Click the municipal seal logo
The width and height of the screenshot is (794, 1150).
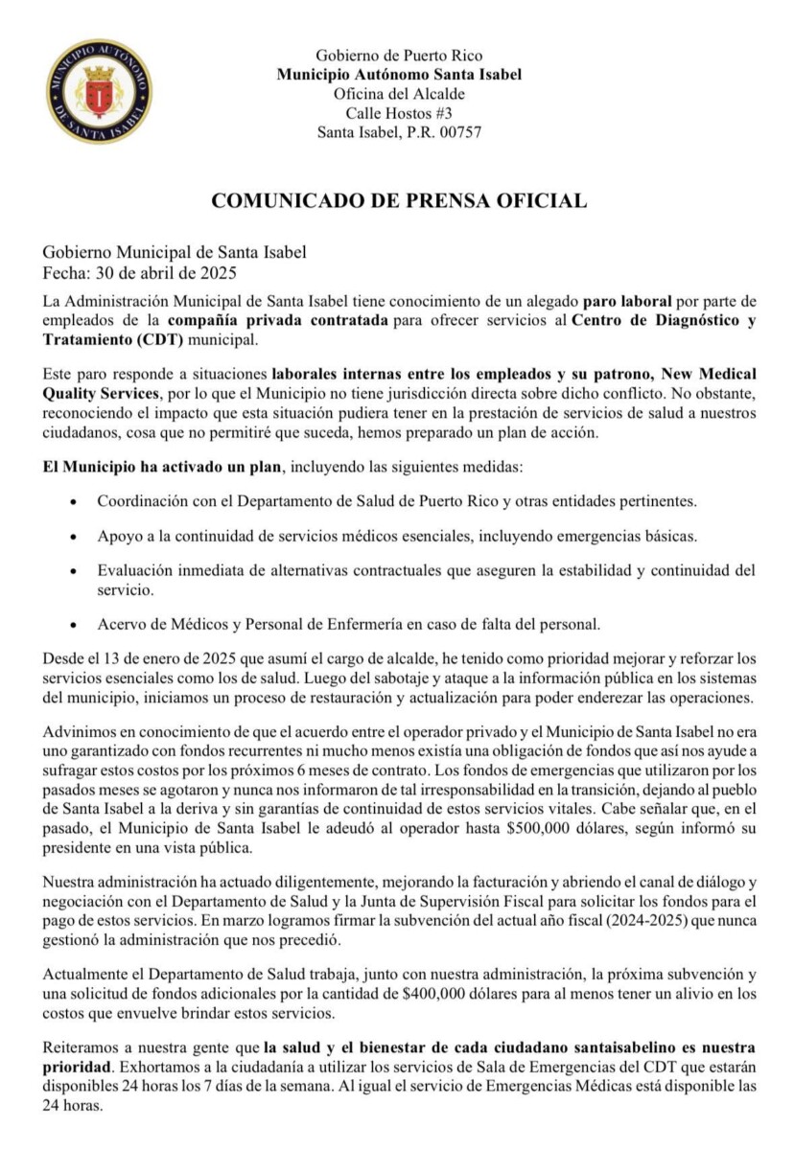point(99,92)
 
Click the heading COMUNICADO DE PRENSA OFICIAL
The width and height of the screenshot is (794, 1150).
point(398,200)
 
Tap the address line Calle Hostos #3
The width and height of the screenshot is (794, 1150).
point(399,113)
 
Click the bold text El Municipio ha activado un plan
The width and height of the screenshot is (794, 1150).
point(162,470)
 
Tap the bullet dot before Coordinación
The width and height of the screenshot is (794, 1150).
point(76,502)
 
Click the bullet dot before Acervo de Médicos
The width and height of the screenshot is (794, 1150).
point(76,626)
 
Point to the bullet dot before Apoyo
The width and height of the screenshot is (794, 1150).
point(76,535)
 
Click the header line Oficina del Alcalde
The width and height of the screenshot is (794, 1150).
point(399,94)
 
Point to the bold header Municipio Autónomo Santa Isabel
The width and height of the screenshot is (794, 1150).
point(399,75)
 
